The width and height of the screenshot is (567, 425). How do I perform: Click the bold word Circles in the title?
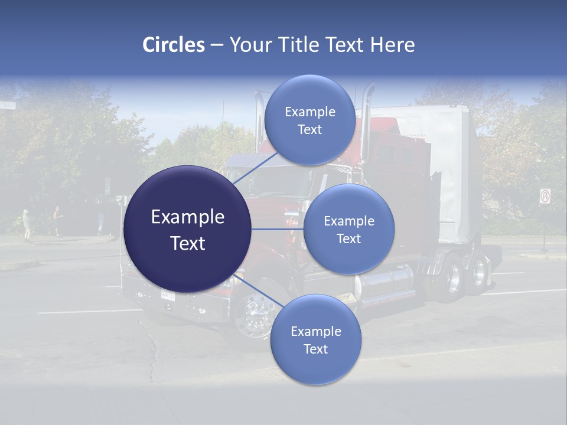173,45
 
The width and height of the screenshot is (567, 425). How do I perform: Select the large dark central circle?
188,229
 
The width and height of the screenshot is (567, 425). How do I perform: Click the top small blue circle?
309,120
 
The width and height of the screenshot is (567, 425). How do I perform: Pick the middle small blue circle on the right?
348,229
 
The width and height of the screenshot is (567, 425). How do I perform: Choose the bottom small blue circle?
315,339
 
